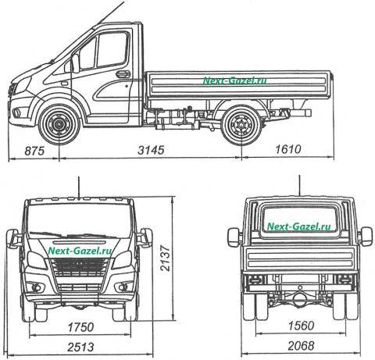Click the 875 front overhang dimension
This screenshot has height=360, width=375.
34,151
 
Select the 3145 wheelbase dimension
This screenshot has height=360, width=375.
151,150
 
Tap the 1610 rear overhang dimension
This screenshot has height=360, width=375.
288,149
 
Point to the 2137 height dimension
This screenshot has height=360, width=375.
165,258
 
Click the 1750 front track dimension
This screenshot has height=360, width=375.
80,327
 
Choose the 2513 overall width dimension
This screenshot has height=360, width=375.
80,347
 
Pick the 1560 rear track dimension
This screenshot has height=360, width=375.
301,326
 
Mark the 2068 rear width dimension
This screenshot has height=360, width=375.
301,346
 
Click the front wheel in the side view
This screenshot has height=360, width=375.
59,125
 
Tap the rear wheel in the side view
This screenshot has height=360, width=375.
241,125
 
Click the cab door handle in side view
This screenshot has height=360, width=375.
123,74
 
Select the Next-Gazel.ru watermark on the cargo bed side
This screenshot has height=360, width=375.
234,80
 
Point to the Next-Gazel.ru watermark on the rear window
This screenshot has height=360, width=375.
299,226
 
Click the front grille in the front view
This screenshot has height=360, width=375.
80,267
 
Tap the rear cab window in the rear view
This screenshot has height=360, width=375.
299,222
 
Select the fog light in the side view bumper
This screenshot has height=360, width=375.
17,112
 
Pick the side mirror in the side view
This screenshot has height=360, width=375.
75,63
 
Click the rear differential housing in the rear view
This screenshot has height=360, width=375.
300,300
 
